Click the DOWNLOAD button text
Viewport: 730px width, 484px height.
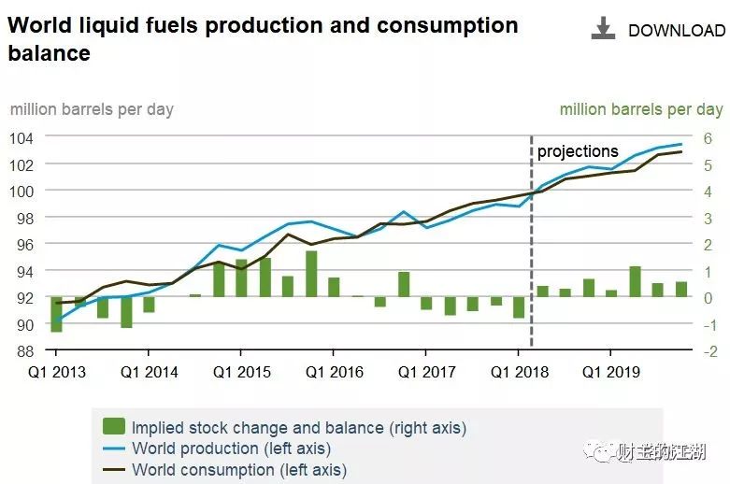[676, 31]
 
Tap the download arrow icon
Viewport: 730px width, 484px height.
[604, 29]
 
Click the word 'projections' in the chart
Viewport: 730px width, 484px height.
[578, 151]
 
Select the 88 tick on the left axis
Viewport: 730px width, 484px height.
[24, 351]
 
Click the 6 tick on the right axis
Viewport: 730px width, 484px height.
[708, 137]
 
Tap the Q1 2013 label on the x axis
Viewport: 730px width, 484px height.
[56, 372]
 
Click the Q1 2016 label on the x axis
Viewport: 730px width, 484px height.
[334, 372]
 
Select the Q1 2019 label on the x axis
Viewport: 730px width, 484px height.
[610, 372]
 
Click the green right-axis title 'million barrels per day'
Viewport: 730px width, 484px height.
[641, 109]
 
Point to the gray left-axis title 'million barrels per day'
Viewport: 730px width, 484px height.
[92, 109]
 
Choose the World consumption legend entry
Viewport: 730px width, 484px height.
[238, 470]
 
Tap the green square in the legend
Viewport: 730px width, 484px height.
[114, 427]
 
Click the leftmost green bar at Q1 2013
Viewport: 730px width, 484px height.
[57, 314]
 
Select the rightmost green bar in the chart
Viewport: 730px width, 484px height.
[681, 290]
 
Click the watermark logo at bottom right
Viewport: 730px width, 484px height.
[598, 453]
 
